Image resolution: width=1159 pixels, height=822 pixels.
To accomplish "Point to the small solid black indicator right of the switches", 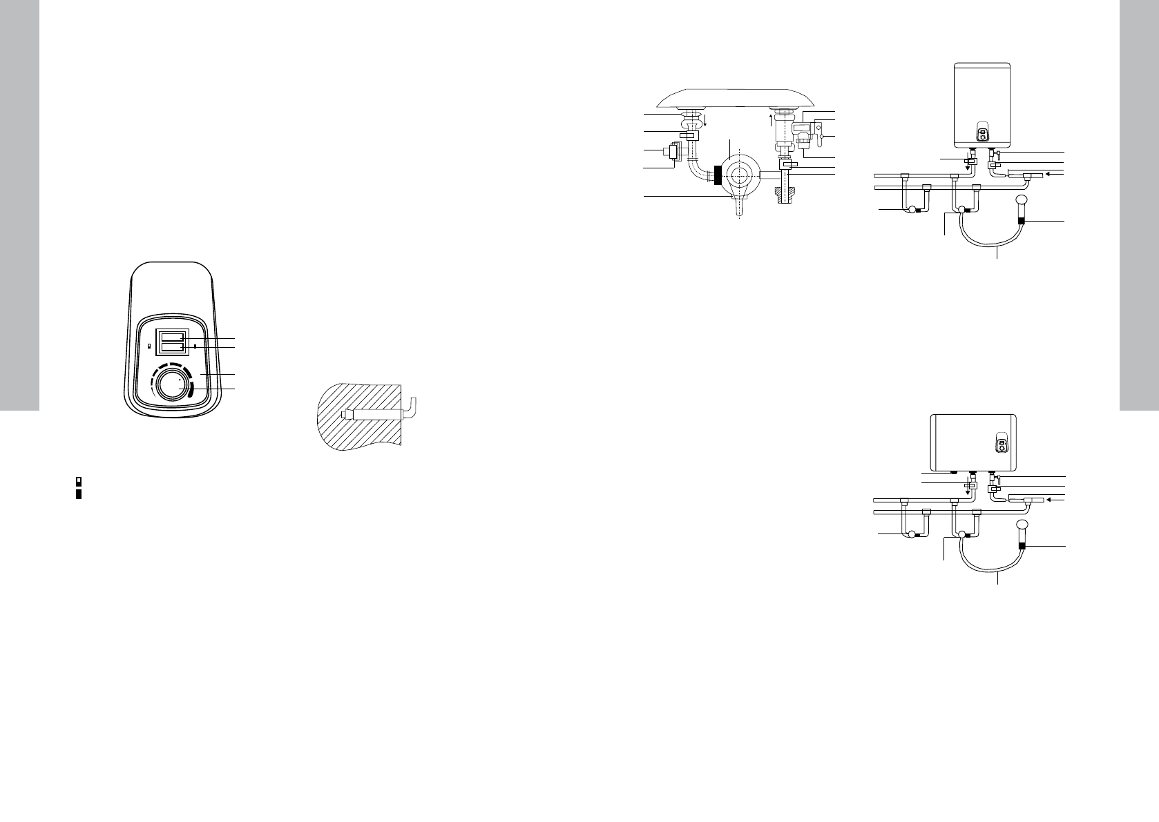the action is [x=195, y=345].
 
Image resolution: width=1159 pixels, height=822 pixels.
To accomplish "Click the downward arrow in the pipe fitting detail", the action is [x=704, y=121].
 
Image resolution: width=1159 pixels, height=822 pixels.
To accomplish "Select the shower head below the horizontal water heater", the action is [x=1021, y=528].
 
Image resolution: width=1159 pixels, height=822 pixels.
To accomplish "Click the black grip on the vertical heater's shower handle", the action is [x=1024, y=222].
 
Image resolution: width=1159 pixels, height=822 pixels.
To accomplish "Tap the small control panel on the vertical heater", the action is [x=982, y=132].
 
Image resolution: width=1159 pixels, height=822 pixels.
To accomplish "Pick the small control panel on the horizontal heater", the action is [x=999, y=445].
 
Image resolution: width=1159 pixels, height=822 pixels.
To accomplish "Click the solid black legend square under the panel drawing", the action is [x=79, y=494].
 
